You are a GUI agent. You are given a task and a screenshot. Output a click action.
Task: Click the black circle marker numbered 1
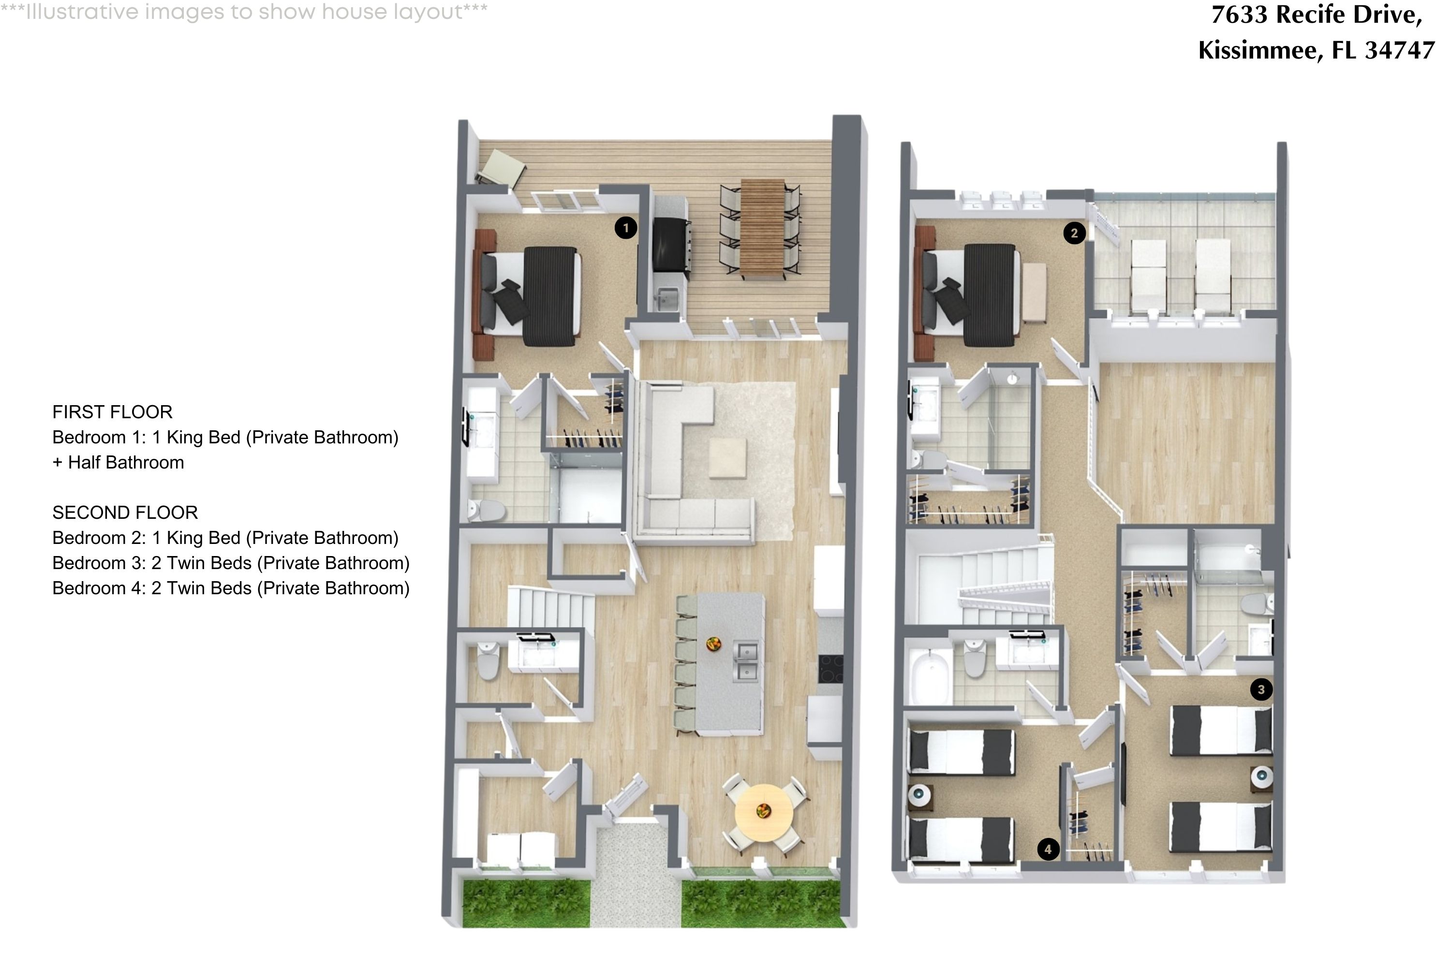[x=625, y=228]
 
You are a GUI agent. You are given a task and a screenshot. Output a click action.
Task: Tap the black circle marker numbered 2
[x=1074, y=233]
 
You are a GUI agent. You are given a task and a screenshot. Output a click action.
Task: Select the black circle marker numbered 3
[x=1261, y=689]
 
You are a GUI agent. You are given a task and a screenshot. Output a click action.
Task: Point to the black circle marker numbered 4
[x=1048, y=849]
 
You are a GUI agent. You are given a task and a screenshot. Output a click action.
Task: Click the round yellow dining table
[x=764, y=812]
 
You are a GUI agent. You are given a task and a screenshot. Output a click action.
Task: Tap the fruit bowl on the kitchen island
[x=714, y=645]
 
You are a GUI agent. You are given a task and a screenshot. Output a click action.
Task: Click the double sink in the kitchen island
[x=746, y=662]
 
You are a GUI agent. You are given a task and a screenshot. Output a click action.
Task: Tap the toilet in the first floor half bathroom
[x=488, y=660]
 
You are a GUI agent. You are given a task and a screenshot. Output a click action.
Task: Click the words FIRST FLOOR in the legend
[x=112, y=412]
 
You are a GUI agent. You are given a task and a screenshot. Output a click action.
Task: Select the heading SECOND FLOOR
[x=125, y=513]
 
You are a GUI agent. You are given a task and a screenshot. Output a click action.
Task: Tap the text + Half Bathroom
[x=118, y=463]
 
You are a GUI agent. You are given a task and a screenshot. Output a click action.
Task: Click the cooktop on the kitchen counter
[x=830, y=669]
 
